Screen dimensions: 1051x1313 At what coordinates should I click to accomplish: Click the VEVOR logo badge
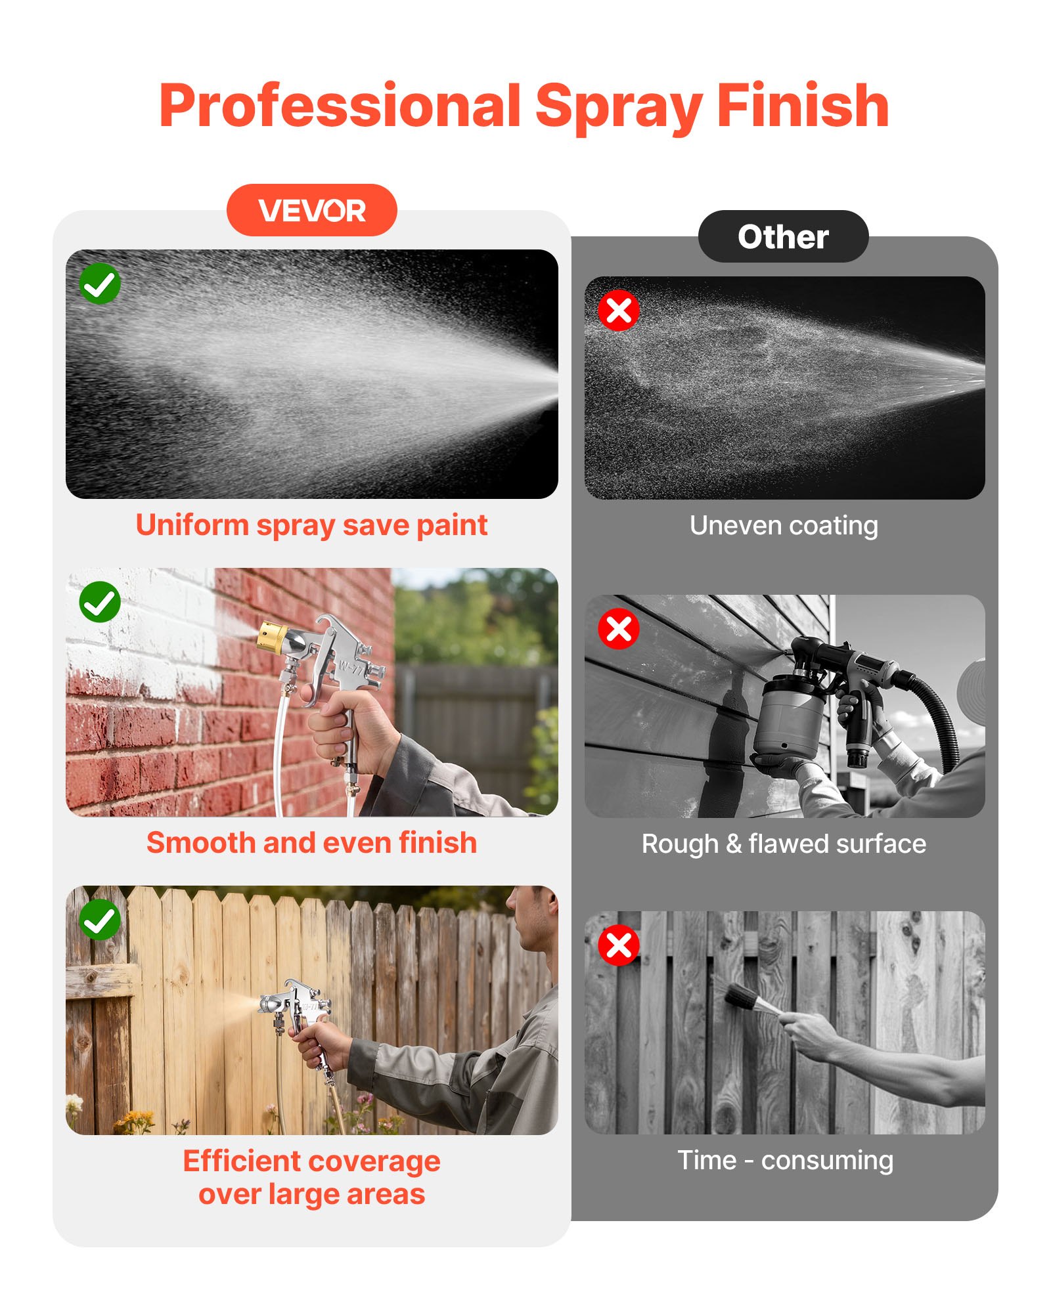click(x=312, y=210)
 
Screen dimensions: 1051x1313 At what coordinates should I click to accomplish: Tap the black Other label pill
click(x=783, y=236)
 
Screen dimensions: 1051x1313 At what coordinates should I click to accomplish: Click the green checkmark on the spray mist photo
click(x=100, y=284)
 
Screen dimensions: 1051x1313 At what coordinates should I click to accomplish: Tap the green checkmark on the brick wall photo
click(x=100, y=602)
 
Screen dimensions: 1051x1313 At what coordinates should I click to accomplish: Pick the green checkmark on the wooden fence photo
click(x=100, y=920)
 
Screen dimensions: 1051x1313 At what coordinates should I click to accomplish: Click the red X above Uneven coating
click(x=619, y=311)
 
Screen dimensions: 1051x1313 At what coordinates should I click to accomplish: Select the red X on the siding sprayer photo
click(x=619, y=629)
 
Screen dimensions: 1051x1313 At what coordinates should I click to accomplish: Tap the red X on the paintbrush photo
click(x=619, y=946)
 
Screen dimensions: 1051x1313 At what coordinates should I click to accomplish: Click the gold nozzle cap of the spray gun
click(x=271, y=637)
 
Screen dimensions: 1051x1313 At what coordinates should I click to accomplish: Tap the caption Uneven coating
click(x=784, y=526)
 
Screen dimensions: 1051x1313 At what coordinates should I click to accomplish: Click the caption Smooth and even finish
click(x=312, y=843)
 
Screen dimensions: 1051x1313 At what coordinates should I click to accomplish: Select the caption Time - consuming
click(x=785, y=1161)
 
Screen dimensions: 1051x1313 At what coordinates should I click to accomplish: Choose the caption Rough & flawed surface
click(x=784, y=844)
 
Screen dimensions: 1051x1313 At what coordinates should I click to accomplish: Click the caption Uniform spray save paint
click(x=312, y=526)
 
